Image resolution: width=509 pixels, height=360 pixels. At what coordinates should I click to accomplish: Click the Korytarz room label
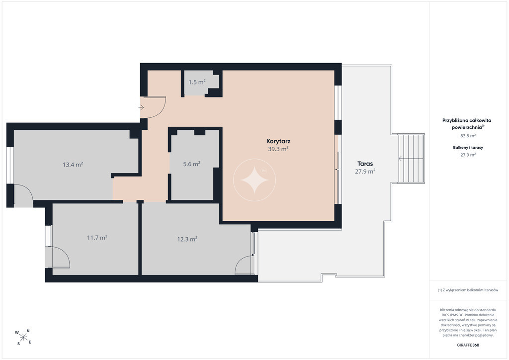coord(278,141)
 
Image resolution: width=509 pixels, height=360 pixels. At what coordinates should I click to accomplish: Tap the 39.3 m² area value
coord(278,149)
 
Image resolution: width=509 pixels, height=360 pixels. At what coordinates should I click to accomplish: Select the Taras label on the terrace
coord(365,164)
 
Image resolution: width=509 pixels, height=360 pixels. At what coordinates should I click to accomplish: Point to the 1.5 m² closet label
coord(197,82)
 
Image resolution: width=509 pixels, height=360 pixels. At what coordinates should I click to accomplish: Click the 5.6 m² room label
coord(191,164)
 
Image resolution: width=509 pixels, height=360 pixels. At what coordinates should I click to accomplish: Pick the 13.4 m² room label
coord(73,165)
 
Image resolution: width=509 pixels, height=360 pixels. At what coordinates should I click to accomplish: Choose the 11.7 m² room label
coord(97,238)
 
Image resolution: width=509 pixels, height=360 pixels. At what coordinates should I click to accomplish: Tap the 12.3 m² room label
coord(187,239)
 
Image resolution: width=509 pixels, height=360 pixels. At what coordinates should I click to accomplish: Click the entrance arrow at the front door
coord(141,107)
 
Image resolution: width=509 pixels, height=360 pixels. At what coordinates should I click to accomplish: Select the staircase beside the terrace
coord(411,159)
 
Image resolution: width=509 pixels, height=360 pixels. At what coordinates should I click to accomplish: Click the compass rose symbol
coord(23,337)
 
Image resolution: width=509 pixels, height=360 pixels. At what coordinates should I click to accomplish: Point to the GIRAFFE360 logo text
coord(468,345)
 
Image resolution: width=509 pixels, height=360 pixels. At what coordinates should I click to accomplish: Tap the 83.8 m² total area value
coord(468,136)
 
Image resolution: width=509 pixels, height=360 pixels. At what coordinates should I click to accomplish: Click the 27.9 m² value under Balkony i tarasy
coord(468,155)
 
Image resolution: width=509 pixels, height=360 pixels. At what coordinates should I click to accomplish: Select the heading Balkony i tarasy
coord(468,147)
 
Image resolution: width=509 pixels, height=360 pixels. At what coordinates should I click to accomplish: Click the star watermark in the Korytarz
coord(254,180)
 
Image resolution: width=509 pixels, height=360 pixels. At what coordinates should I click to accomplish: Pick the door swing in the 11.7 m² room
coord(61,258)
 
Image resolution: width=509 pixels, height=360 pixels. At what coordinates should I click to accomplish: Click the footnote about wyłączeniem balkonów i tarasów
coord(468,290)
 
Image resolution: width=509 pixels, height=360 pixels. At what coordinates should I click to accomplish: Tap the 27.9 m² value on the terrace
coord(365,172)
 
